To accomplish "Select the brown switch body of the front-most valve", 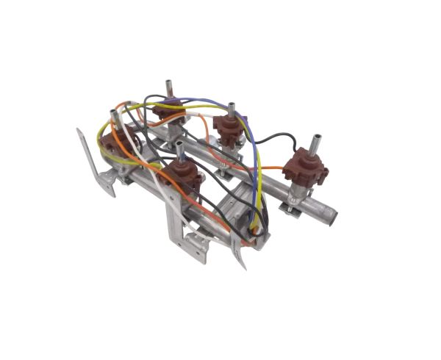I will [182, 177].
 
